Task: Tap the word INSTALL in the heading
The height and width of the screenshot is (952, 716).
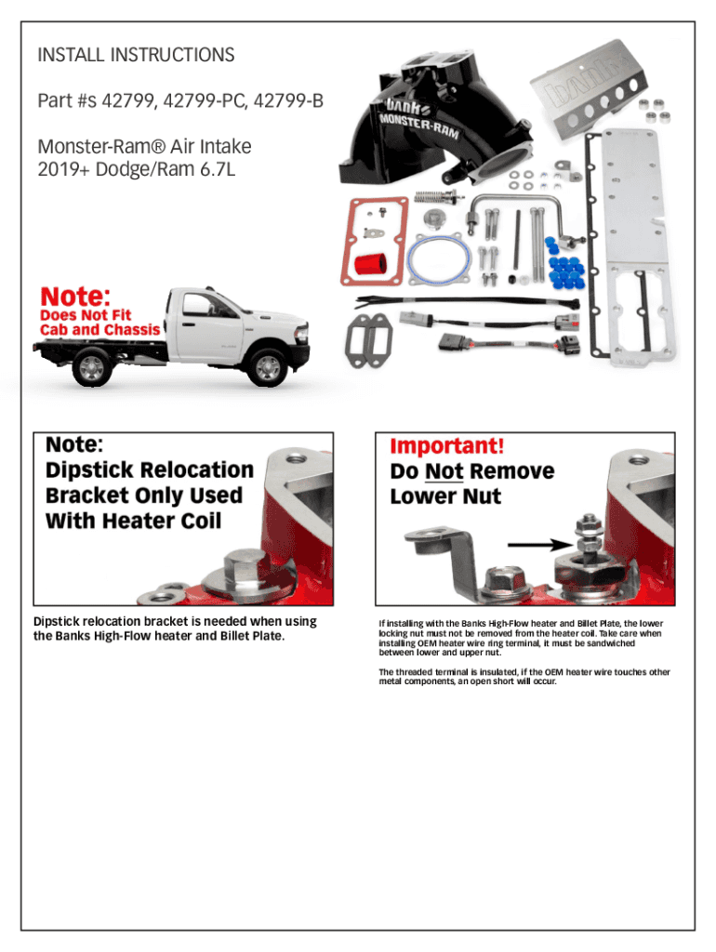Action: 71,56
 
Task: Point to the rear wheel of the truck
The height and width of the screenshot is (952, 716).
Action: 91,368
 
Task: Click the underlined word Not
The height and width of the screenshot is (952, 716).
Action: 443,471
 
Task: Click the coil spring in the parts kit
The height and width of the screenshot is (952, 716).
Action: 431,198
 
